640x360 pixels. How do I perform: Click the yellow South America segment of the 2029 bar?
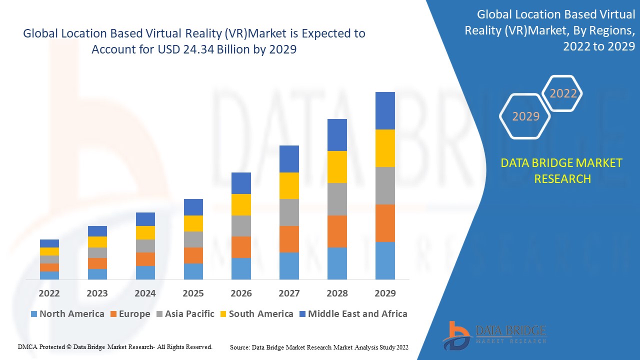tap(385, 148)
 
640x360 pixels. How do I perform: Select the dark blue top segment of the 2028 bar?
tap(337, 135)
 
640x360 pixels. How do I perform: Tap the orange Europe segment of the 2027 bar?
tap(289, 239)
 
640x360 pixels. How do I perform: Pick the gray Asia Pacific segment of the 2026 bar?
tap(241, 226)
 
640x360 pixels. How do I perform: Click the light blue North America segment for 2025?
tap(193, 271)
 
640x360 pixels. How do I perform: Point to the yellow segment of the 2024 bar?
tap(145, 232)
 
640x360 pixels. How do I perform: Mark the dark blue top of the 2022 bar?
tap(49, 243)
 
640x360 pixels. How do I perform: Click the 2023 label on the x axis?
tap(97, 293)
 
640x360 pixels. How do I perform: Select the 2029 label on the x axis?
tap(385, 293)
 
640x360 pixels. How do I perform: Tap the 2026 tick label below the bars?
tap(241, 293)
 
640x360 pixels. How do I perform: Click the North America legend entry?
tap(67, 314)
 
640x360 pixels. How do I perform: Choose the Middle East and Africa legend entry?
tap(352, 314)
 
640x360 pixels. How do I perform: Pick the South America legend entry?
tap(255, 314)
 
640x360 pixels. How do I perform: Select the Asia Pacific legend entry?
tap(185, 314)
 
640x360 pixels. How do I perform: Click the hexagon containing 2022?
tap(563, 93)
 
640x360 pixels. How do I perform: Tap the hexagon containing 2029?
tap(525, 116)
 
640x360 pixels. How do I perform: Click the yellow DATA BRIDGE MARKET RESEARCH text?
tap(562, 171)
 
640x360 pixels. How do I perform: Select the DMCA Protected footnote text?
tap(115, 346)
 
